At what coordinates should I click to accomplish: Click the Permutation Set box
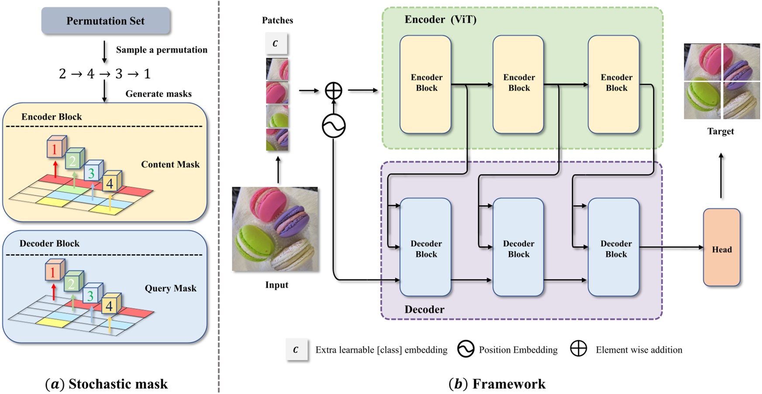(x=105, y=21)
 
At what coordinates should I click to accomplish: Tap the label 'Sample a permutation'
(x=162, y=50)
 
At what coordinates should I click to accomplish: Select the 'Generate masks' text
(x=159, y=94)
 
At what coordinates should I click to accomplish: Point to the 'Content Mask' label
(x=170, y=164)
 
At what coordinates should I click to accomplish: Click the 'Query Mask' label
(x=170, y=288)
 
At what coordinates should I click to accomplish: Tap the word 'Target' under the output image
(x=721, y=131)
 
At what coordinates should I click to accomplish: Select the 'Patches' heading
(x=277, y=20)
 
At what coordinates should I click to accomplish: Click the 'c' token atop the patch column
(x=276, y=43)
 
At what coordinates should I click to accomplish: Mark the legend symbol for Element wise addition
(x=579, y=349)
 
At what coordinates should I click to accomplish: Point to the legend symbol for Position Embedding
(x=465, y=349)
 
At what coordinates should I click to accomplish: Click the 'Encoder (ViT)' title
(x=440, y=19)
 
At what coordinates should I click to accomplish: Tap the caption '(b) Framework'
(x=497, y=384)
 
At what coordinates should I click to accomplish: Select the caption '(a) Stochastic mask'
(x=106, y=384)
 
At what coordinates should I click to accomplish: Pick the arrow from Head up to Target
(x=721, y=175)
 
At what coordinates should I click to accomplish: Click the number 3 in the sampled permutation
(x=119, y=74)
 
